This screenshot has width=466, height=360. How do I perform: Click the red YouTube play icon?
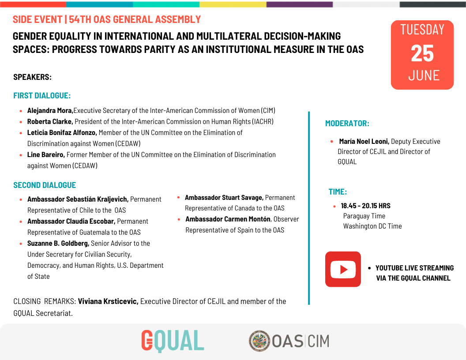coord(343,269)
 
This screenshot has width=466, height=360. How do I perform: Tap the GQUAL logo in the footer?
coord(173,341)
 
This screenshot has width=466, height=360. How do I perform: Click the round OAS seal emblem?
coord(259,341)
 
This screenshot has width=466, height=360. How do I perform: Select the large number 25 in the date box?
coord(422,53)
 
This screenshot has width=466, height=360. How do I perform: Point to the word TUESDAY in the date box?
coord(422,30)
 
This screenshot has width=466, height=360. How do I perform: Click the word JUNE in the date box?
coord(424,75)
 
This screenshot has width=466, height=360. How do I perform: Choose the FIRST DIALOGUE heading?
coord(42,96)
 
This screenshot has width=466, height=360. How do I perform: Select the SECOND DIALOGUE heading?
coord(45,185)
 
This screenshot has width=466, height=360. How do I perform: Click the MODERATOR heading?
coord(347,124)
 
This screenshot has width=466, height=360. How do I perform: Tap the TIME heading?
coord(338,192)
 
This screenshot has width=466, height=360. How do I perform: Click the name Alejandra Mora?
coord(50,111)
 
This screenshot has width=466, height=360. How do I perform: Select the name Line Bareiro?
coord(46,155)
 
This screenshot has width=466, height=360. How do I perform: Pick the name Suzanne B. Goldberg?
coord(58,244)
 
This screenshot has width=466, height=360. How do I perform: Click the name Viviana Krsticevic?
coord(108,302)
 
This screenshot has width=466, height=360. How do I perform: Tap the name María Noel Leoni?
coord(364,142)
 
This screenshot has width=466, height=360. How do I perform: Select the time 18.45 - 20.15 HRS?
coord(365,206)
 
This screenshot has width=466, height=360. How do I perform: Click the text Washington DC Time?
coord(372,226)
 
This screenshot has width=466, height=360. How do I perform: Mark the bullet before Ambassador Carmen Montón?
coord(179,219)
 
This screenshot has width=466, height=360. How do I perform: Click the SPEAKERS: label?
coord(33,77)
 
